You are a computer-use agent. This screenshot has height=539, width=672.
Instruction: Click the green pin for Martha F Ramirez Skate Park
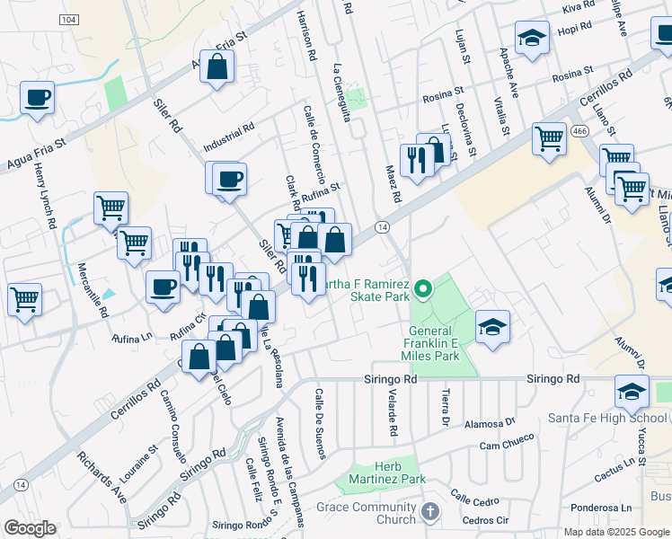[x=422, y=289]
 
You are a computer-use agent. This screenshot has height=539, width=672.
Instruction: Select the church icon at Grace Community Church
[x=429, y=512]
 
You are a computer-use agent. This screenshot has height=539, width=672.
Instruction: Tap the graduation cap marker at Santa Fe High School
[x=632, y=391]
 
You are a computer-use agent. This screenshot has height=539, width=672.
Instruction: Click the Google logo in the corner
[x=30, y=528]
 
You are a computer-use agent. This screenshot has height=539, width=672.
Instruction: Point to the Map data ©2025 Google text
[x=615, y=532]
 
